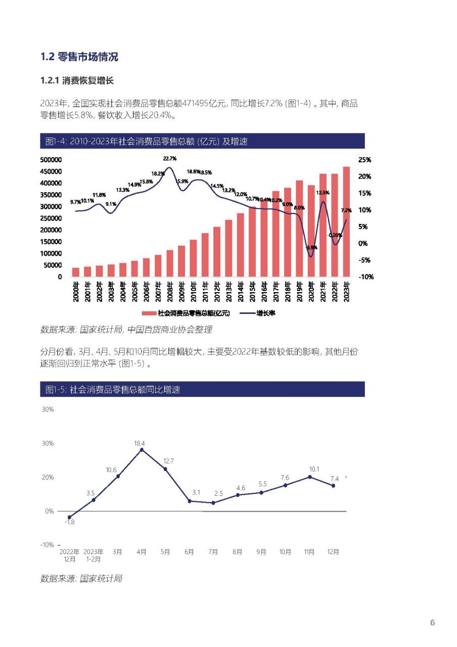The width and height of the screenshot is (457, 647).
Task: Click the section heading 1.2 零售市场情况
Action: tap(79, 57)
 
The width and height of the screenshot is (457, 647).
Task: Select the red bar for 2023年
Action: tap(346, 221)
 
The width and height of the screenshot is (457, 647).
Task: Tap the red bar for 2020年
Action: tap(311, 231)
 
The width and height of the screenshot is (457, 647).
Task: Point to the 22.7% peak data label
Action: tap(169, 159)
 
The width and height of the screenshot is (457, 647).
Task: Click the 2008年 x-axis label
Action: tap(170, 292)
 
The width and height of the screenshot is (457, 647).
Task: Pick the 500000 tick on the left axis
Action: tap(51, 160)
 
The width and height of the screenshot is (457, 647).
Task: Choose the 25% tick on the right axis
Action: tap(364, 160)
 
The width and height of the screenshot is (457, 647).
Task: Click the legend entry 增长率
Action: tap(257, 313)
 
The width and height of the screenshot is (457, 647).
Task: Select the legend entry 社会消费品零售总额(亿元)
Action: tap(186, 313)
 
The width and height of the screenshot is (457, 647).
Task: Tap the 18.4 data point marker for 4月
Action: tap(142, 450)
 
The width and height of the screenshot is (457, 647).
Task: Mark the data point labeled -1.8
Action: tap(69, 517)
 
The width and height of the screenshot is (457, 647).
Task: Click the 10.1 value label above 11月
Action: tap(314, 469)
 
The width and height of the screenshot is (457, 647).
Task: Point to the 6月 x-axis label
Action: tap(189, 551)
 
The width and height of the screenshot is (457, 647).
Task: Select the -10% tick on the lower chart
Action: tap(47, 545)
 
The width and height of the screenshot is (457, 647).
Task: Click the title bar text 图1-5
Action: tap(56, 389)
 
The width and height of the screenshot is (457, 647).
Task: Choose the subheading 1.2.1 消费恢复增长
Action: tap(77, 80)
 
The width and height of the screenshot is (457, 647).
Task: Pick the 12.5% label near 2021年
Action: tap(323, 193)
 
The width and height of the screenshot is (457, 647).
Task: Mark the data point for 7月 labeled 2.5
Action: tap(213, 503)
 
